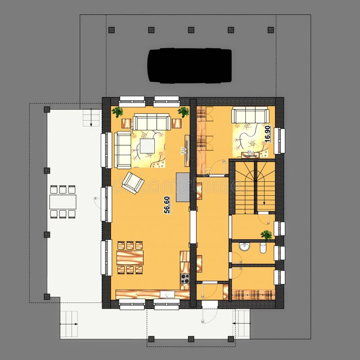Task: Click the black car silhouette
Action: pyautogui.click(x=190, y=66)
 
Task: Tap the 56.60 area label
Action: pyautogui.click(x=167, y=205)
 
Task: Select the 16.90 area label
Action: pyautogui.click(x=267, y=134)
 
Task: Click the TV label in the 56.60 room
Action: pyautogui.click(x=184, y=151)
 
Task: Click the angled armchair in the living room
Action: pyautogui.click(x=133, y=182)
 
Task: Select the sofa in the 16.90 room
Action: pyautogui.click(x=250, y=115)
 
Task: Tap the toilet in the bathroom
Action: pyautogui.click(x=263, y=247)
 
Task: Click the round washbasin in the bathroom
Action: pyautogui.click(x=245, y=247)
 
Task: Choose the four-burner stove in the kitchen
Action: pyautogui.click(x=185, y=279)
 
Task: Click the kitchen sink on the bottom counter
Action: pyautogui.click(x=167, y=294)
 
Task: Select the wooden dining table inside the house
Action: pyautogui.click(x=130, y=257)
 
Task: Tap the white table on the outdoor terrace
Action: pyautogui.click(x=63, y=202)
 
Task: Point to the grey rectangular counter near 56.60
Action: pyautogui.click(x=183, y=187)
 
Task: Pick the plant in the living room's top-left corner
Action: pyautogui.click(x=117, y=112)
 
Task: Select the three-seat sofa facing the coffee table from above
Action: pyautogui.click(x=152, y=121)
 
